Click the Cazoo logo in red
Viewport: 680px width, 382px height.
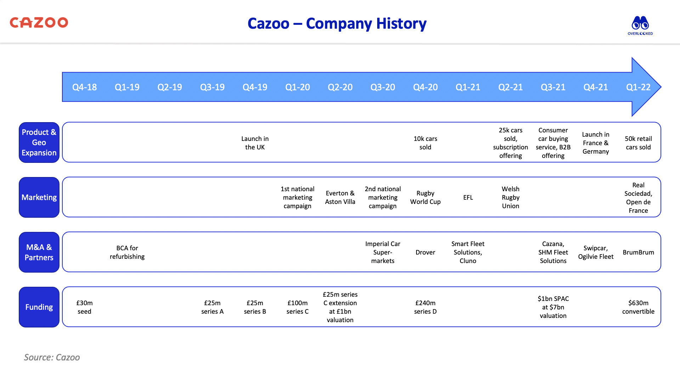click(x=39, y=23)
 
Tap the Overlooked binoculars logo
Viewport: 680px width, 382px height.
click(x=640, y=25)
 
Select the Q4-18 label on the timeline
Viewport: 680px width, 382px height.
click(x=84, y=87)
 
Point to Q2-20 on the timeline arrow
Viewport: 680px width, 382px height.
click(x=340, y=87)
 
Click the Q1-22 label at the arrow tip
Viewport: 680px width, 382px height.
click(x=638, y=87)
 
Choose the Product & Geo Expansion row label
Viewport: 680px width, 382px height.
click(x=39, y=142)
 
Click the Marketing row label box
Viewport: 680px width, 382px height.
click(x=39, y=197)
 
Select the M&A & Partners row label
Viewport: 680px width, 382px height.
click(x=39, y=252)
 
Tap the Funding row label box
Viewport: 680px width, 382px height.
click(x=39, y=307)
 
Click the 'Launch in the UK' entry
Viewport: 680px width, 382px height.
click(x=255, y=143)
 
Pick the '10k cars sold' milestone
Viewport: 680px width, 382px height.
click(x=425, y=143)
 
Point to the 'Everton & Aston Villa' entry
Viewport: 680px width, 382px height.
click(x=340, y=197)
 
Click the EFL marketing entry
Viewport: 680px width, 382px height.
click(x=468, y=197)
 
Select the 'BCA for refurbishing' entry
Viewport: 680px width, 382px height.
click(x=127, y=252)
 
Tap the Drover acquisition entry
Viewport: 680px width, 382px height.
click(x=425, y=252)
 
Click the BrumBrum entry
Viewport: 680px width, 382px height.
click(x=638, y=252)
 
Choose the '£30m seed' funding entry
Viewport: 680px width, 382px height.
click(x=84, y=307)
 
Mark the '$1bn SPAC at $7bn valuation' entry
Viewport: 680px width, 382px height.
click(x=553, y=307)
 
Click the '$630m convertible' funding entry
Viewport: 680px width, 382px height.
click(x=638, y=307)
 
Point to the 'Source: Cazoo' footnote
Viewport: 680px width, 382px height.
click(x=52, y=357)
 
